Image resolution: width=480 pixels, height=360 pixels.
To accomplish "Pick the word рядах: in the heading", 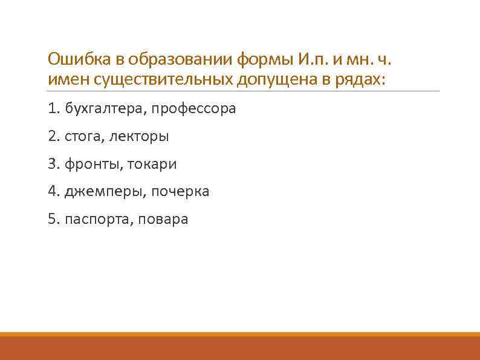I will pyautogui.click(x=359, y=79).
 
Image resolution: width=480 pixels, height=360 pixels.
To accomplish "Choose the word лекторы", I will pyautogui.click(x=139, y=137).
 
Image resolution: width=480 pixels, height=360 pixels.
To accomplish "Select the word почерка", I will pyautogui.click(x=180, y=192).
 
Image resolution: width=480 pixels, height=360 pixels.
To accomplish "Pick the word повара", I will pyautogui.click(x=163, y=219).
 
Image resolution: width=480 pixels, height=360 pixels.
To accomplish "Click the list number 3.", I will pyautogui.click(x=51, y=164).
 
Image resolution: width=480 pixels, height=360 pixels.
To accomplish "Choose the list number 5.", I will pyautogui.click(x=51, y=219).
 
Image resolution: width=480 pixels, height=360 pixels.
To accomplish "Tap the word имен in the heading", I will pyautogui.click(x=66, y=79).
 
